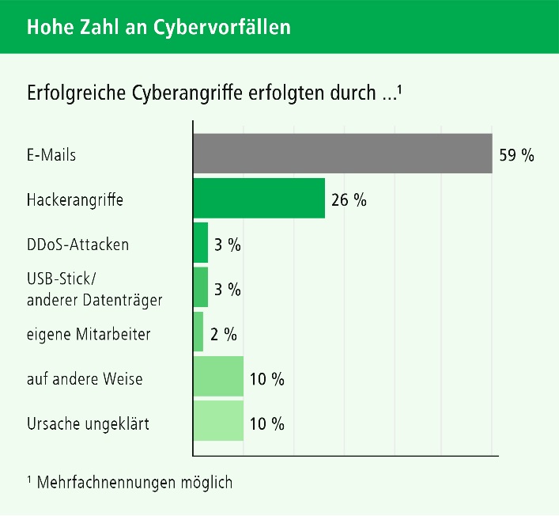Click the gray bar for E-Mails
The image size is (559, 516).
click(x=342, y=154)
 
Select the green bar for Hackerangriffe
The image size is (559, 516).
click(x=259, y=199)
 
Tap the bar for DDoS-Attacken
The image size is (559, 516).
click(x=201, y=243)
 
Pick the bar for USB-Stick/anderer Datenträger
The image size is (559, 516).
click(x=201, y=287)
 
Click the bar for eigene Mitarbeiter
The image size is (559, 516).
click(x=198, y=332)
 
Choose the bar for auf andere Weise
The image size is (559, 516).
click(x=218, y=377)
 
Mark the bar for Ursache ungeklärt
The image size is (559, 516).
click(x=218, y=422)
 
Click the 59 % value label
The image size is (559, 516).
click(x=516, y=155)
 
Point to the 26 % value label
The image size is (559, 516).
click(x=349, y=199)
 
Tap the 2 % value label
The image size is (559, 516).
click(x=224, y=334)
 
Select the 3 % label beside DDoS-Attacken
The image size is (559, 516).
click(x=228, y=245)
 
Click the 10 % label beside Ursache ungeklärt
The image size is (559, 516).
click(x=266, y=424)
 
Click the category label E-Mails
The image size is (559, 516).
click(x=51, y=155)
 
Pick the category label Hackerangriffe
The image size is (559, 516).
click(x=75, y=200)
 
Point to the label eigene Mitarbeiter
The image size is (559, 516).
click(x=89, y=335)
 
